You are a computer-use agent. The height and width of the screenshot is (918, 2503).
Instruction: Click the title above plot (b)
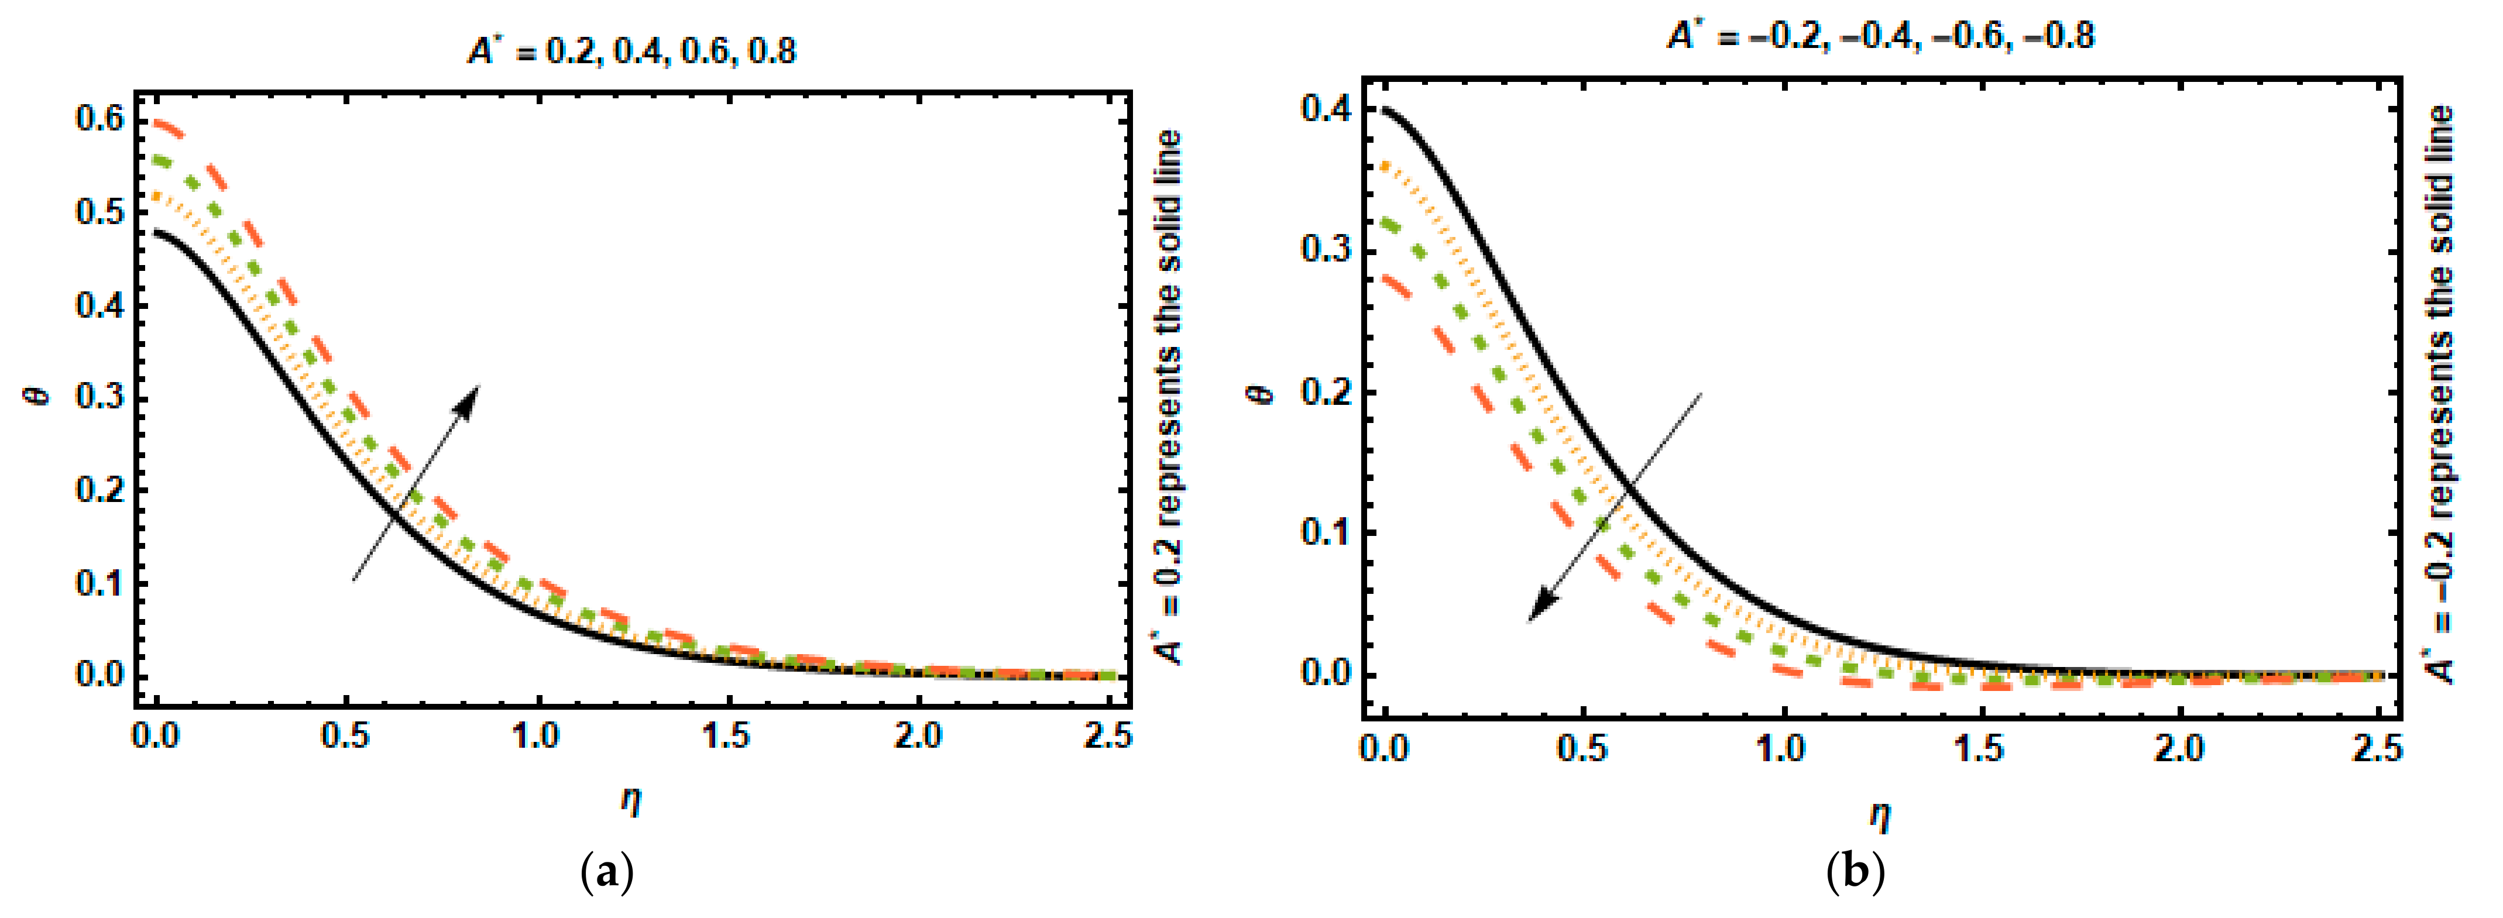(x=1880, y=36)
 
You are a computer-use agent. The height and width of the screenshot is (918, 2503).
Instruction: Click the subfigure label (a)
(x=607, y=874)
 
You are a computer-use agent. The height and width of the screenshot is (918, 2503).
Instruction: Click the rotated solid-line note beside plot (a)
(x=1169, y=398)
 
